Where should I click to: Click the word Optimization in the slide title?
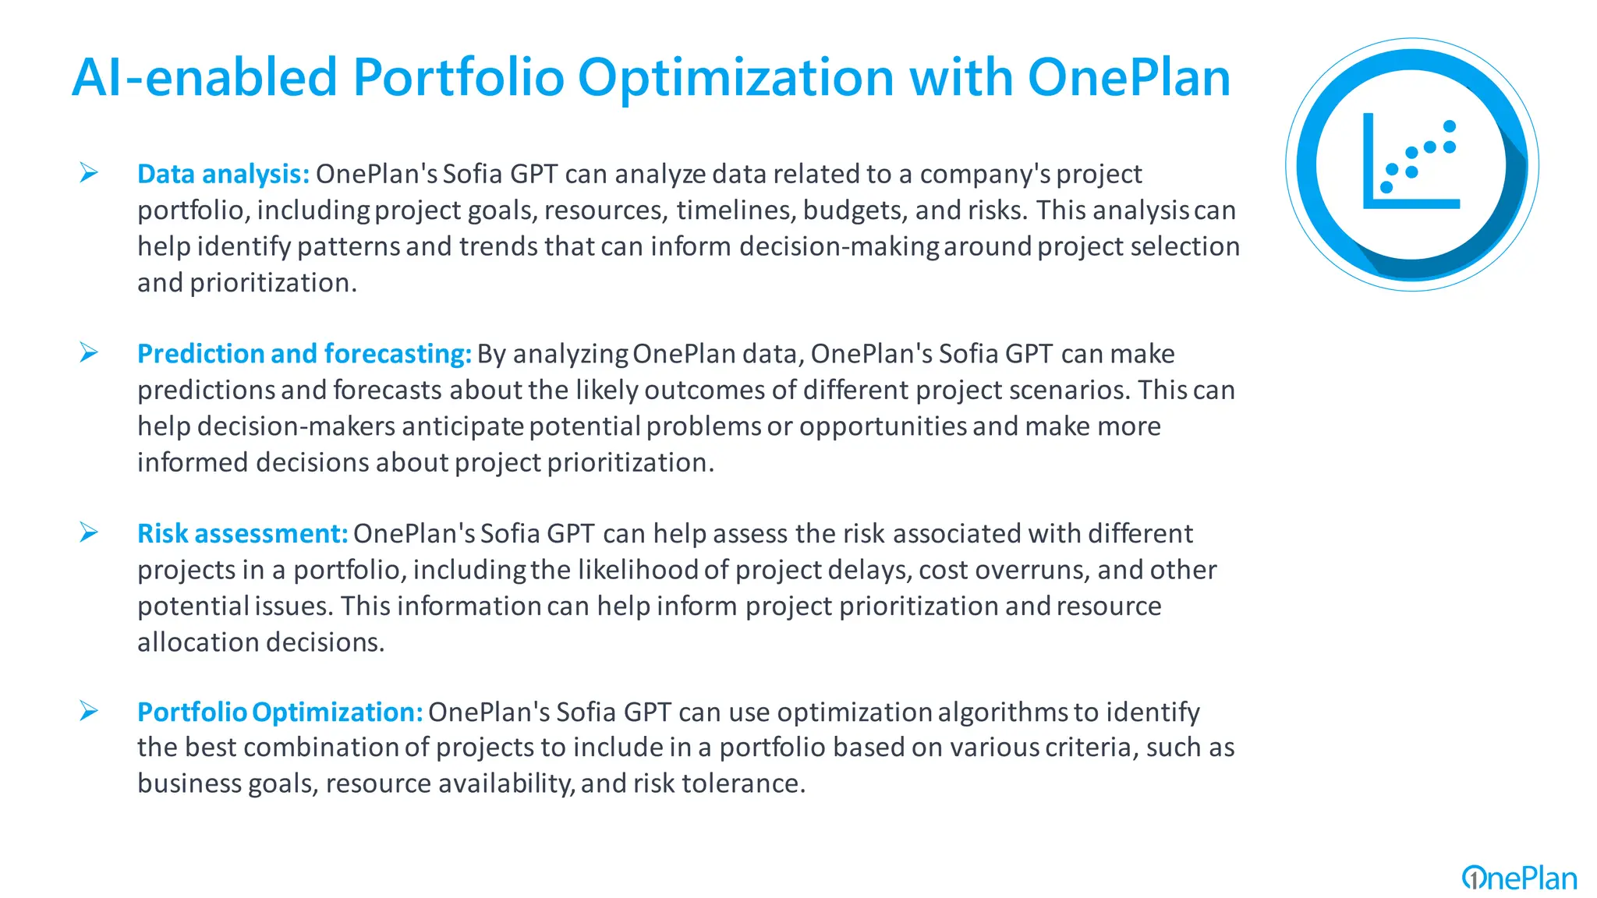[x=735, y=78]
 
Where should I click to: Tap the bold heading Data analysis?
[x=223, y=174]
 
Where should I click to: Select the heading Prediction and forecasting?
[x=304, y=354]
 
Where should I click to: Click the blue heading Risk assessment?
[x=242, y=534]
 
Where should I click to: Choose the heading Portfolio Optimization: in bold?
[x=280, y=712]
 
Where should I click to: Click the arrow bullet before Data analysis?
[x=89, y=173]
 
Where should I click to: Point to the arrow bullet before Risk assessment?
[x=89, y=533]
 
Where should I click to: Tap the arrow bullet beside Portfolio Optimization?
[x=89, y=712]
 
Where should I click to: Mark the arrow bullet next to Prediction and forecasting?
[x=89, y=353]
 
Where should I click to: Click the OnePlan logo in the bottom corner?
[x=1519, y=879]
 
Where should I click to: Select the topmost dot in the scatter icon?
[x=1450, y=126]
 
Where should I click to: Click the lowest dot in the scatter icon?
[x=1386, y=187]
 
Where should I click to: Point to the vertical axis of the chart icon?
[x=1368, y=160]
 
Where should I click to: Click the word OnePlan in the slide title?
[x=1128, y=78]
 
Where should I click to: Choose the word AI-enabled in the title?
[x=204, y=78]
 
